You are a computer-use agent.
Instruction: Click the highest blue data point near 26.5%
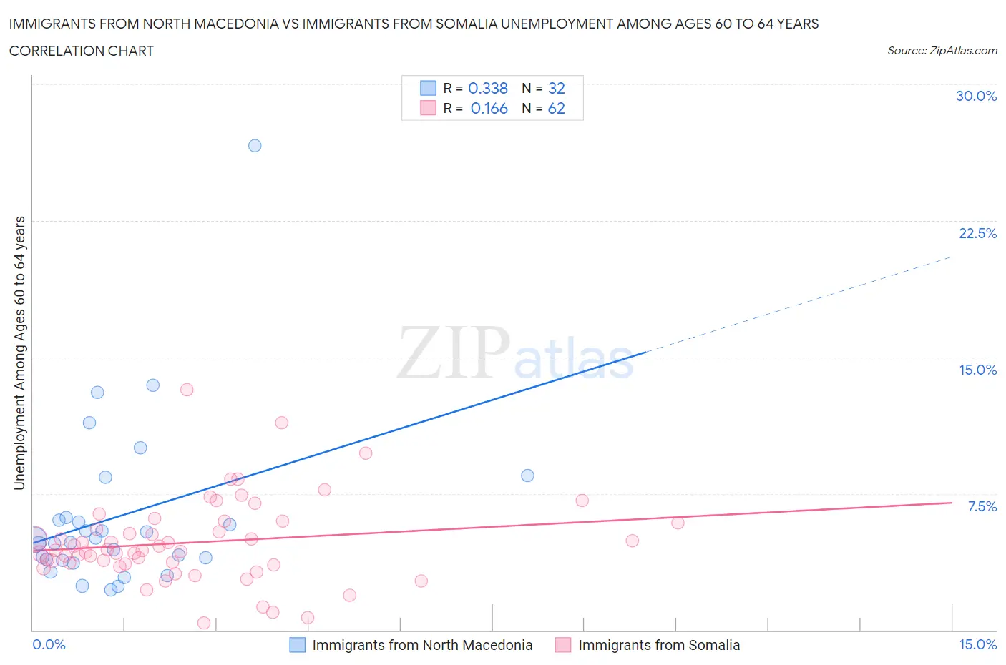click(255, 146)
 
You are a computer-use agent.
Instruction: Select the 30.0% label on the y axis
click(976, 96)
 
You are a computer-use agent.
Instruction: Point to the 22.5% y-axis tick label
click(977, 233)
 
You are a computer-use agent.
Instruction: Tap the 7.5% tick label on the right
click(982, 506)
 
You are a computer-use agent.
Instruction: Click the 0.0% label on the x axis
click(49, 644)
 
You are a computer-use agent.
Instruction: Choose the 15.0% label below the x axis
click(977, 644)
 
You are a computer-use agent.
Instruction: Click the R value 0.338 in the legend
click(488, 88)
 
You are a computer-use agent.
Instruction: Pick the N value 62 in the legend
click(556, 108)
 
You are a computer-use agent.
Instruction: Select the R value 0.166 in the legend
click(489, 108)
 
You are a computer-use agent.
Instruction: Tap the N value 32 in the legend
click(556, 88)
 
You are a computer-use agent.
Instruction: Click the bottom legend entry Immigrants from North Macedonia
click(422, 645)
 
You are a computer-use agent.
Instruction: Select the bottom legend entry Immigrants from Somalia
click(658, 645)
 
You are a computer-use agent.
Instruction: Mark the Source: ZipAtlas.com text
click(942, 51)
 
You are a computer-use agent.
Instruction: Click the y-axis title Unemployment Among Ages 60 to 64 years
click(20, 353)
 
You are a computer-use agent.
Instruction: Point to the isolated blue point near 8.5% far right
click(527, 476)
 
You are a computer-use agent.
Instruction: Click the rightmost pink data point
click(678, 523)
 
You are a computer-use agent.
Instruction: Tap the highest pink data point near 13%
click(187, 390)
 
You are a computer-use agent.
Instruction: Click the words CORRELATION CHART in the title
click(82, 51)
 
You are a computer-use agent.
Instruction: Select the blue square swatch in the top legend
click(428, 88)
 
